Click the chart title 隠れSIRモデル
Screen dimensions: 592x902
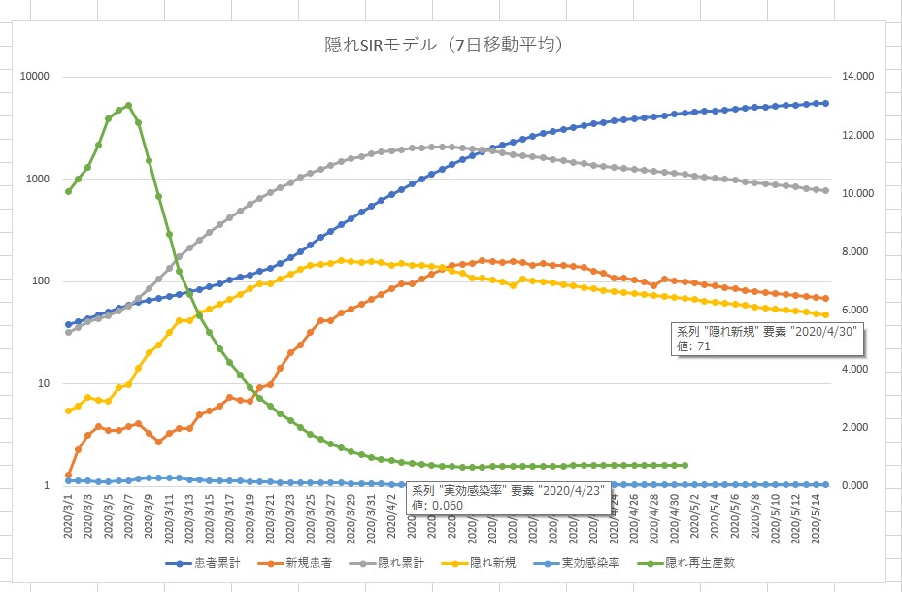tap(445, 46)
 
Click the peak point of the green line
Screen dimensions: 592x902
tap(128, 105)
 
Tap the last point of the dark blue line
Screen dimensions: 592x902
tap(825, 103)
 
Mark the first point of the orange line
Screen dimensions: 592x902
tap(68, 475)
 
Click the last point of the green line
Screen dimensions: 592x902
tap(685, 465)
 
